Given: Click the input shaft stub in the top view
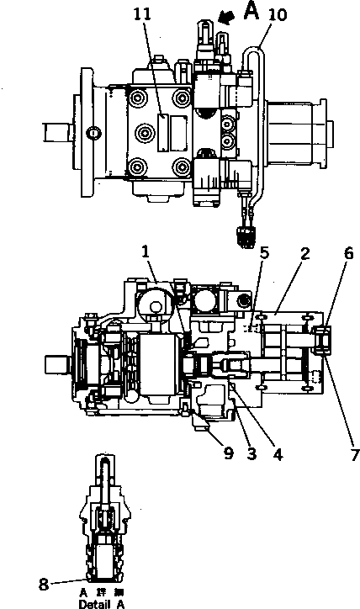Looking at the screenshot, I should point(60,131).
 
